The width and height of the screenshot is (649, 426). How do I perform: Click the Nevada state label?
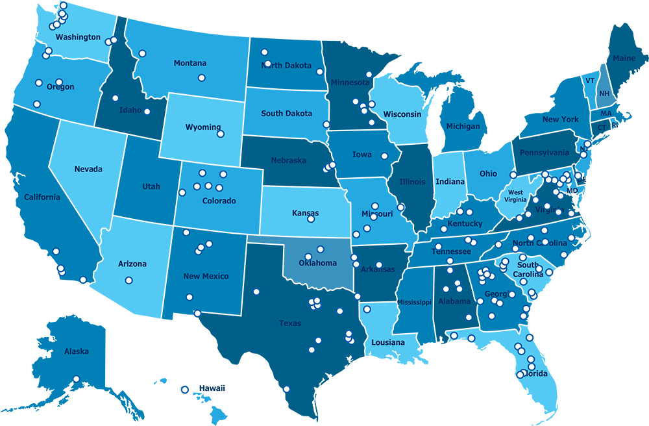coord(88,169)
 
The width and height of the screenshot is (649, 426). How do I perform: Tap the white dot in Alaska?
coord(76,379)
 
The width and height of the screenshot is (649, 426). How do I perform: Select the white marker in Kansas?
coord(311,219)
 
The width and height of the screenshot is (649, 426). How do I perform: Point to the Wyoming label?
coord(203,127)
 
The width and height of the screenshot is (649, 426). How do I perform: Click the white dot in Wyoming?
coord(221,134)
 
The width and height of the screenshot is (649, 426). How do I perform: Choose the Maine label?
coord(624,58)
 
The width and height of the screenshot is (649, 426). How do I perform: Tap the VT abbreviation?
coord(590,81)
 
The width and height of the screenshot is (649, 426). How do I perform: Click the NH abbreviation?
coord(604,94)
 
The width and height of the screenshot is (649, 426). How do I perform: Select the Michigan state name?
coord(463,127)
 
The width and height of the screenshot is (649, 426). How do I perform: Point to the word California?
coord(42,197)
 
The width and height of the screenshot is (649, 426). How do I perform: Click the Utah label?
coord(151,187)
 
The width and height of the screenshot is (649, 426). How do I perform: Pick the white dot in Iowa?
coord(384,156)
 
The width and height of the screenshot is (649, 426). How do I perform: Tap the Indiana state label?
coord(450,182)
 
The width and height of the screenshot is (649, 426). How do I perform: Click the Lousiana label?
coord(388,342)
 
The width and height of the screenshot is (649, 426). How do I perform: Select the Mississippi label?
coord(414,303)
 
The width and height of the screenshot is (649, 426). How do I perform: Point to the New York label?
coord(561,119)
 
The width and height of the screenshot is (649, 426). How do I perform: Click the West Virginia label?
coord(516,196)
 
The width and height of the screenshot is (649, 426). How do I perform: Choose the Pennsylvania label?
coord(544,153)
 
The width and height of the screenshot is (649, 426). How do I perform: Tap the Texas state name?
coord(290,323)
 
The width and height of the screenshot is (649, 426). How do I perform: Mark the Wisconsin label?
coord(402,114)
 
